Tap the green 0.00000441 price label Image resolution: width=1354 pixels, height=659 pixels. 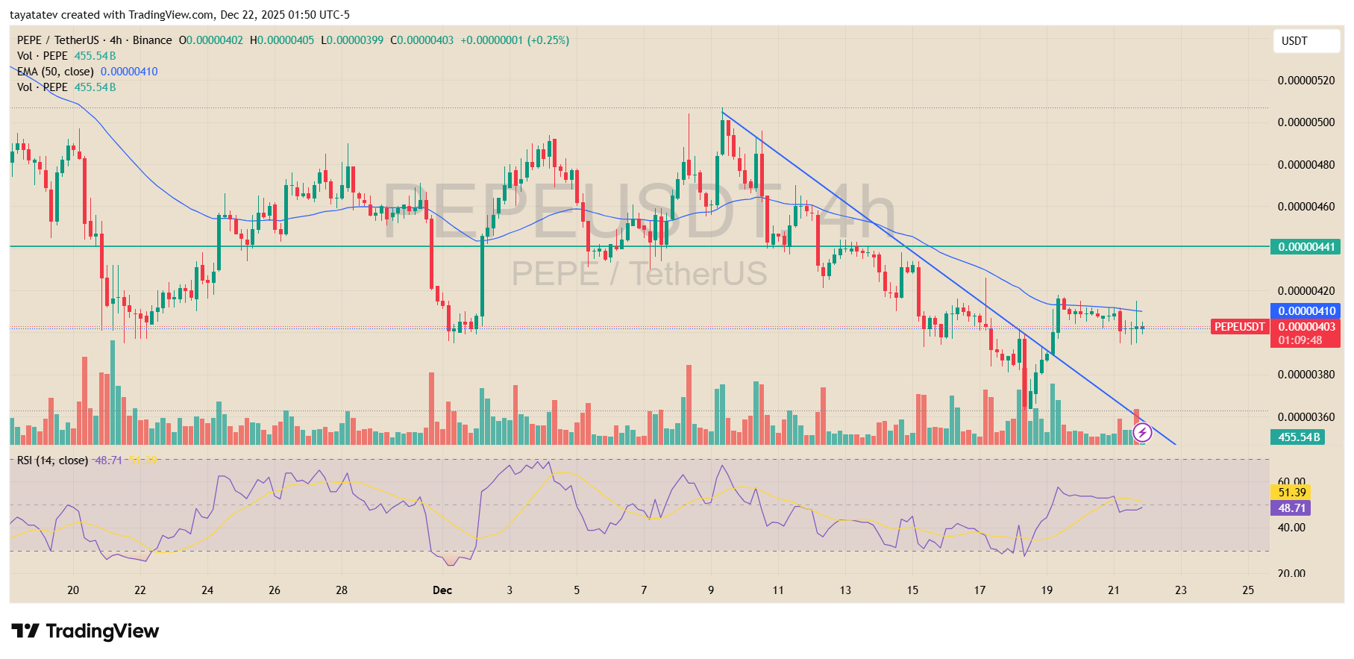coord(1305,247)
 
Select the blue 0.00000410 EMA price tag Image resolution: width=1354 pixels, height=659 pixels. coord(1305,311)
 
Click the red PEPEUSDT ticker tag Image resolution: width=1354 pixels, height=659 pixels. coord(1239,327)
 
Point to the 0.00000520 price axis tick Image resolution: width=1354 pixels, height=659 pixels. coord(1306,81)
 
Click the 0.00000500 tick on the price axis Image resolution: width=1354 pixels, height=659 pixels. coord(1306,122)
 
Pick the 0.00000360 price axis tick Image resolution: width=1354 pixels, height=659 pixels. coord(1306,417)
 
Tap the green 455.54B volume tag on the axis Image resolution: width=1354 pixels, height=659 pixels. coord(1298,437)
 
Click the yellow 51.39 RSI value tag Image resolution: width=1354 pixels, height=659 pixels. coord(1291,493)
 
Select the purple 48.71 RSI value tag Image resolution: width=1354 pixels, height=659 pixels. coord(1291,508)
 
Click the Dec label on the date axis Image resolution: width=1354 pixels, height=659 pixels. coord(442,590)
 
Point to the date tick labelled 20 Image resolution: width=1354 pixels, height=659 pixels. coord(73,590)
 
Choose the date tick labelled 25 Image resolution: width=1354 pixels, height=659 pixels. coord(1248,590)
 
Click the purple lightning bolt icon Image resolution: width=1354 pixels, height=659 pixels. coord(1142,432)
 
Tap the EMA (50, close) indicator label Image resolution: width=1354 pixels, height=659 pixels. coord(56,72)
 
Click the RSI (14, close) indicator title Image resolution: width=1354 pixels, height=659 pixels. coord(52,460)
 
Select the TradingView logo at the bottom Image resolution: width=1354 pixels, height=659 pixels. coord(85,631)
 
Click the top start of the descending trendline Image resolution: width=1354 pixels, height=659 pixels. coord(722,112)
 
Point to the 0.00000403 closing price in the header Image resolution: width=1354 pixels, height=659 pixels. coord(424,40)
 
